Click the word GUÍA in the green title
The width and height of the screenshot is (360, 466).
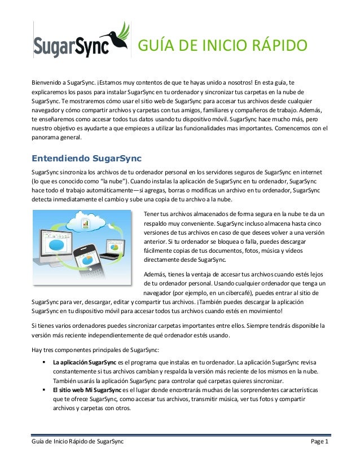[159, 46]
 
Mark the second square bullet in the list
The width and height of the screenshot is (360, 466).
[43, 390]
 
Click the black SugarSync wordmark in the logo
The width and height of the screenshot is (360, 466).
[71, 47]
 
